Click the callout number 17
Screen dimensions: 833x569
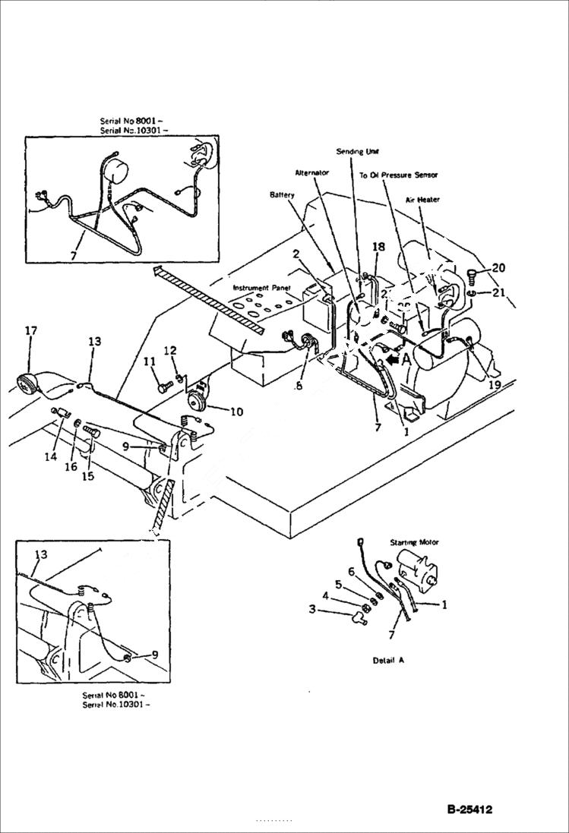[x=30, y=330]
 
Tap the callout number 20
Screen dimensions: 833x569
[x=498, y=267]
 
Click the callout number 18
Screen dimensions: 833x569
[x=378, y=247]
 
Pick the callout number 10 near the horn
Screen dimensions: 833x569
[x=236, y=412]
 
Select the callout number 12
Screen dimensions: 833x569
[x=171, y=350]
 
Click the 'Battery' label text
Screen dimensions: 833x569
[x=282, y=195]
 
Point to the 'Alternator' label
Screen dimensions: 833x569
[x=311, y=173]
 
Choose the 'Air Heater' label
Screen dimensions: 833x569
[x=422, y=200]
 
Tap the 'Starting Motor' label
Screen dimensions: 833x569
[x=415, y=543]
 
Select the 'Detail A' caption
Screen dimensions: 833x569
[x=388, y=660]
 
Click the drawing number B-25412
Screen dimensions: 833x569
[x=469, y=809]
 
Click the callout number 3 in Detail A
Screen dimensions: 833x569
[x=311, y=608]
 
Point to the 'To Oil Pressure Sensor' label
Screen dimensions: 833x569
[x=398, y=175]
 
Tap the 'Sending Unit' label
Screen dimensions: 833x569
[x=357, y=151]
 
